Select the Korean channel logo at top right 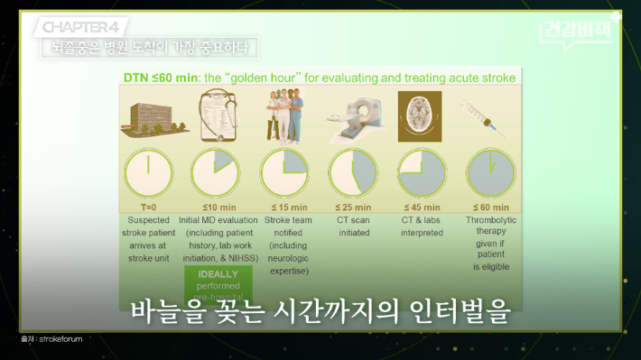click(x=580, y=29)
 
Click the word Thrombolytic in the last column click(x=491, y=219)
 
